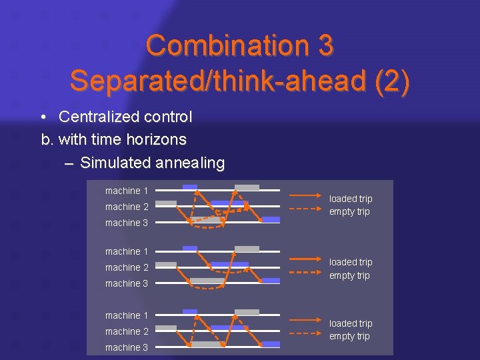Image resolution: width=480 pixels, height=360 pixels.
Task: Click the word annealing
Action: pyautogui.click(x=190, y=163)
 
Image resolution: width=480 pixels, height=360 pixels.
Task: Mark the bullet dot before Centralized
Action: pyautogui.click(x=43, y=118)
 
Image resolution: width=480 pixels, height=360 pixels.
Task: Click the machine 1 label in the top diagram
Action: pyautogui.click(x=127, y=191)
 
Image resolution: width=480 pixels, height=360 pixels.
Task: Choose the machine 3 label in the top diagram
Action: pyautogui.click(x=127, y=223)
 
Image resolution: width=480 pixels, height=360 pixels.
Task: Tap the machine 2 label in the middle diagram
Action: pyautogui.click(x=127, y=267)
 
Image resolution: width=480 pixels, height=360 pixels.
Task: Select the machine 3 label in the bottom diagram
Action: pyautogui.click(x=127, y=347)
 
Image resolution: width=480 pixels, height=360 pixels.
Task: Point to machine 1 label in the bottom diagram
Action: pyautogui.click(x=127, y=315)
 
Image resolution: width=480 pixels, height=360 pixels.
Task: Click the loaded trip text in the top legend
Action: pyautogui.click(x=351, y=199)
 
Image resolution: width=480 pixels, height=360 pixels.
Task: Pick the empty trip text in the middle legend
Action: pyautogui.click(x=349, y=275)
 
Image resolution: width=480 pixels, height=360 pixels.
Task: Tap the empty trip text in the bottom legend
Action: pyautogui.click(x=349, y=336)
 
